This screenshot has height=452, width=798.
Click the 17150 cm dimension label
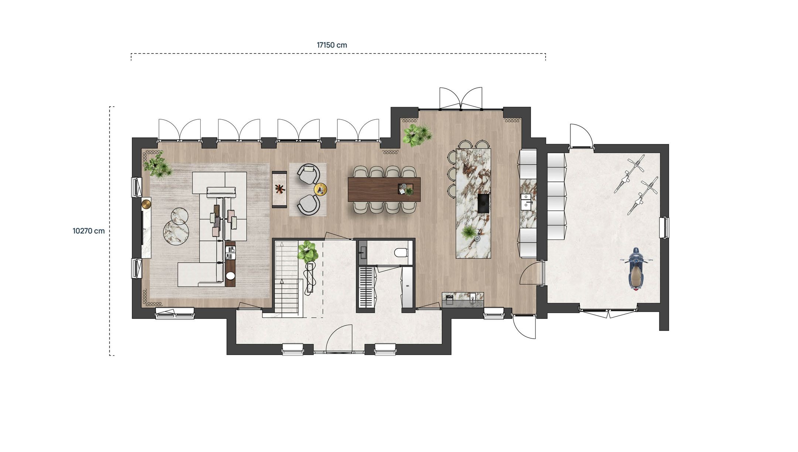(332, 45)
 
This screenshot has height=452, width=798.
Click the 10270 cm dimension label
(89, 231)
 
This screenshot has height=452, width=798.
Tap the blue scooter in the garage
(636, 269)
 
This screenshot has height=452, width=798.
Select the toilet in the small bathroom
(401, 253)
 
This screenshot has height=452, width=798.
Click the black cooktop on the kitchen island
(483, 203)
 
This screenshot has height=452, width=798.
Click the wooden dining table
(384, 189)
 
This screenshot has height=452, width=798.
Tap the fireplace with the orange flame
(280, 189)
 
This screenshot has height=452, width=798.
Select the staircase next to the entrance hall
(286, 281)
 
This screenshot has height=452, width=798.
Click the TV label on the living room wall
(144, 229)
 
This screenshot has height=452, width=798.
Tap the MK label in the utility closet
(407, 286)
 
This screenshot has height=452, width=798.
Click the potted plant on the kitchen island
(469, 233)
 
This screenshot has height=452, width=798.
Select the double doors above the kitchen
(460, 99)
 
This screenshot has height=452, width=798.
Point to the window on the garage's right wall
(664, 227)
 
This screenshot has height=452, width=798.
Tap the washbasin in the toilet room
(362, 253)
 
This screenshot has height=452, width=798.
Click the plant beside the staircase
(308, 251)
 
